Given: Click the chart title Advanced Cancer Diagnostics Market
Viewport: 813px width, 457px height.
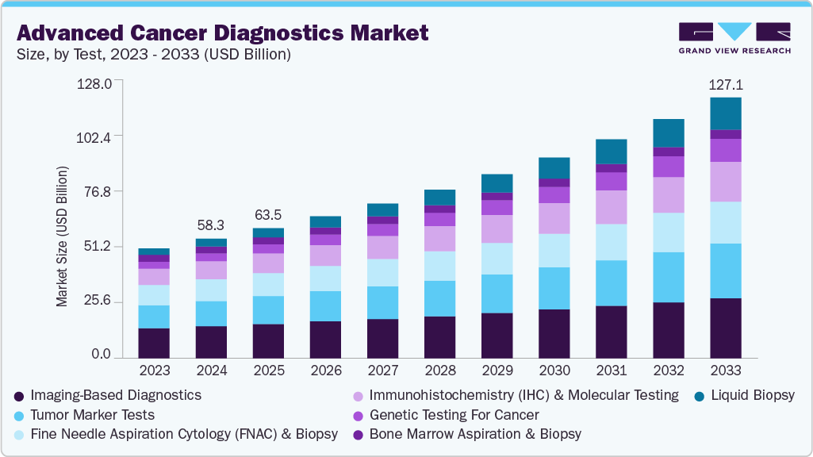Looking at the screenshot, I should pyautogui.click(x=222, y=33).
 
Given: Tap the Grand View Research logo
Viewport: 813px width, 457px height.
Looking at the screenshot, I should pyautogui.click(x=734, y=38).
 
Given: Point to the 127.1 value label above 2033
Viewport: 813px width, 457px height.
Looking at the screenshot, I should pyautogui.click(x=726, y=85).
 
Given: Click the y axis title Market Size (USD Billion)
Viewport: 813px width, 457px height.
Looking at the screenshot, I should pyautogui.click(x=62, y=236).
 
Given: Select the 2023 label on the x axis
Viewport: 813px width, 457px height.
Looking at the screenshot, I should pyautogui.click(x=155, y=371).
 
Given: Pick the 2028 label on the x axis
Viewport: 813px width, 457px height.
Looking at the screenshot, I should pyautogui.click(x=440, y=371).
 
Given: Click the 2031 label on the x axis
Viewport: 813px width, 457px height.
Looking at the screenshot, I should pyautogui.click(x=612, y=371).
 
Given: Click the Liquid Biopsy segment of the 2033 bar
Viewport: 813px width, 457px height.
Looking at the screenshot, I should pyautogui.click(x=726, y=113).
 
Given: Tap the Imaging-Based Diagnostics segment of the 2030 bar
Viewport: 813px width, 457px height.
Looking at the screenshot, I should pyautogui.click(x=554, y=333).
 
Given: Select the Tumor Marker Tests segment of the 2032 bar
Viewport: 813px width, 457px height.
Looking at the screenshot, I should pyautogui.click(x=669, y=277).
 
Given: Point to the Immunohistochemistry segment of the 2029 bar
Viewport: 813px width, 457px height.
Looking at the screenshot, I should pyautogui.click(x=497, y=228).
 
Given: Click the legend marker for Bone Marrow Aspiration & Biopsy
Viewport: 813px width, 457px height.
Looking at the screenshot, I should pyautogui.click(x=359, y=435).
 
